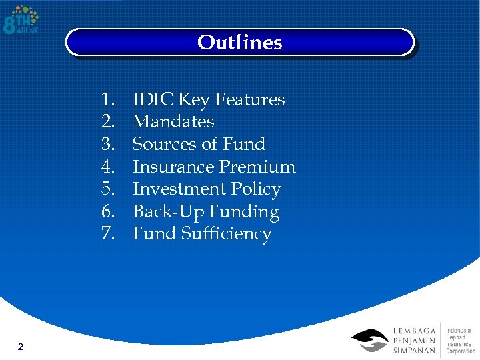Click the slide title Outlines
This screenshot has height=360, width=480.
pos(239,43)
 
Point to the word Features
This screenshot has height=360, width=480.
pos(248,100)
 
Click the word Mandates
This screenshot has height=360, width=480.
pos(173,122)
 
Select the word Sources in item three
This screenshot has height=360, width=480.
pos(163,144)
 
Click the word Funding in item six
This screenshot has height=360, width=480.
pos(244,212)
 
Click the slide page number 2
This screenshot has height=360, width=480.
pos(21,347)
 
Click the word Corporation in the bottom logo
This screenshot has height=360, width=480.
pos(461,351)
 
